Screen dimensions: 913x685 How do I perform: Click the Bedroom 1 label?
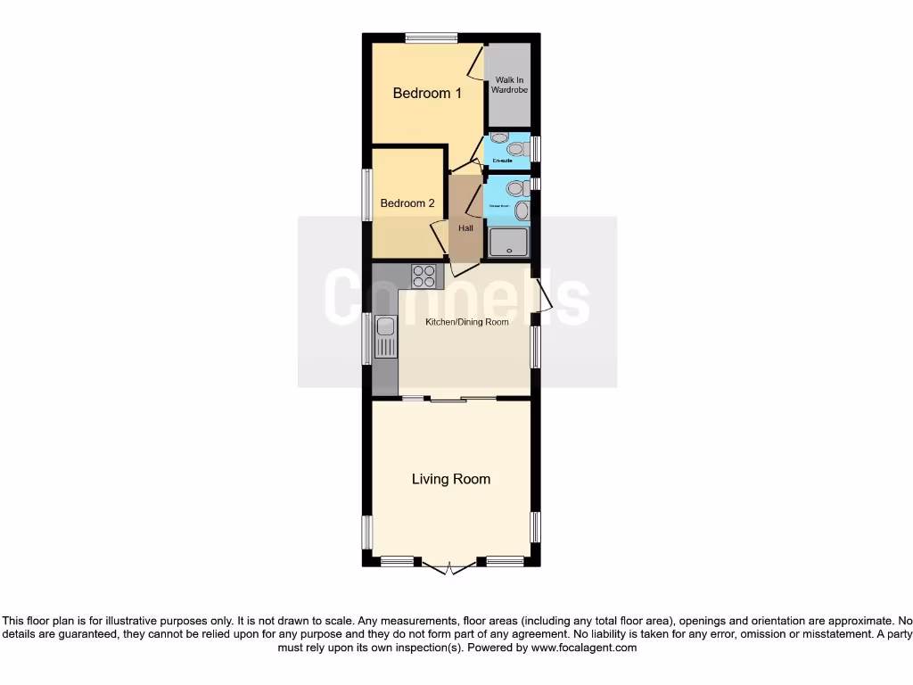pyautogui.click(x=427, y=93)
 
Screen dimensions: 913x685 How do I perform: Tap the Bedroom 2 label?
pyautogui.click(x=407, y=203)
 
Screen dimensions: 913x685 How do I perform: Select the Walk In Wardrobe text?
pyautogui.click(x=511, y=85)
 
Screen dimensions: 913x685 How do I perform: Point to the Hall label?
pyautogui.click(x=465, y=228)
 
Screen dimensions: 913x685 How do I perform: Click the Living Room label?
pyautogui.click(x=450, y=479)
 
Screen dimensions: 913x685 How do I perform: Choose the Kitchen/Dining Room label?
pyautogui.click(x=467, y=321)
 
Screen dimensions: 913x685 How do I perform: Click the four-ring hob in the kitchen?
pyautogui.click(x=425, y=276)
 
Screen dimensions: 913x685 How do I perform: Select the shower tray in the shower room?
pyautogui.click(x=509, y=242)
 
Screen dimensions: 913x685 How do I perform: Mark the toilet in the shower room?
pyautogui.click(x=514, y=188)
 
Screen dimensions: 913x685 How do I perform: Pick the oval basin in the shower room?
pyautogui.click(x=522, y=210)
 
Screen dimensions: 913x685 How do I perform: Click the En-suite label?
pyautogui.click(x=505, y=161)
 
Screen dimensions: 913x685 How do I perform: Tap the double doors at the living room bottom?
pyautogui.click(x=450, y=566)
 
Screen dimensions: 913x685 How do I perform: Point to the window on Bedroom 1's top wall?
pyautogui.click(x=432, y=37)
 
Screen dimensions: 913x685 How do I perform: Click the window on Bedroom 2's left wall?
pyautogui.click(x=366, y=194)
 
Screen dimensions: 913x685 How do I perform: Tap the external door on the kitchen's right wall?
pyautogui.click(x=543, y=295)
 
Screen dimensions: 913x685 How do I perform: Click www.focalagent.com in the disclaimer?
pyautogui.click(x=583, y=648)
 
